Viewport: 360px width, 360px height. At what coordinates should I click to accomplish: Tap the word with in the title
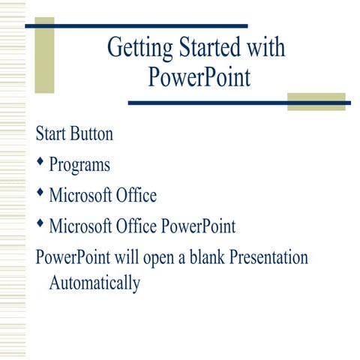265,48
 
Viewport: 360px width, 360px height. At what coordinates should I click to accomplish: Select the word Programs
79,166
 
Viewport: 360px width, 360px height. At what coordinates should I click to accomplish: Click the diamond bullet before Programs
40,163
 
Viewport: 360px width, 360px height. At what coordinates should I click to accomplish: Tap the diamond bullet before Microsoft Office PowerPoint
40,223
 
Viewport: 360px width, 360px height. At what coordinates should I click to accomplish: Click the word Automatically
94,284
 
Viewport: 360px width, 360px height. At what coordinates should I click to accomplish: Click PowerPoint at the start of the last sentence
73,257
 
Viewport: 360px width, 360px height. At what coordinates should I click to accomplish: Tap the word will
124,257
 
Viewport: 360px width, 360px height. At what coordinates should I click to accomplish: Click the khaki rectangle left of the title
44,55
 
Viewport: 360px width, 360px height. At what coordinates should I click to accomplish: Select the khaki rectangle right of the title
316,101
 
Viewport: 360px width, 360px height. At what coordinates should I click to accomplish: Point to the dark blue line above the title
136,25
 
